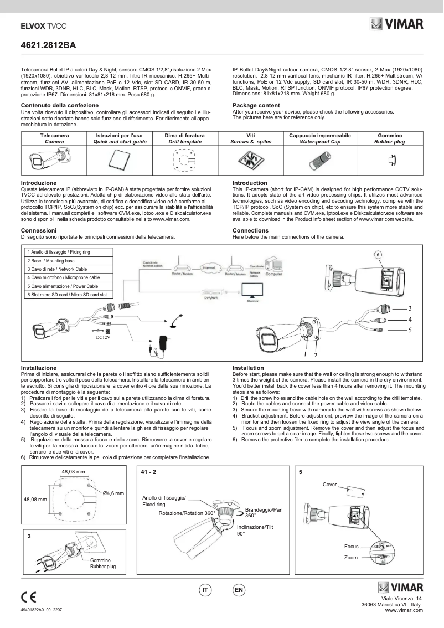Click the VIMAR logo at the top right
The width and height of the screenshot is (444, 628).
click(x=396, y=24)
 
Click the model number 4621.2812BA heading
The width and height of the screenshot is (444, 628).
click(x=47, y=44)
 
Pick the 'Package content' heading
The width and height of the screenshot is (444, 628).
click(x=256, y=105)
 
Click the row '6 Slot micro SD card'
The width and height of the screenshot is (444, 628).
click(x=67, y=295)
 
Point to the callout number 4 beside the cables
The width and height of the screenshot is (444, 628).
click(x=410, y=320)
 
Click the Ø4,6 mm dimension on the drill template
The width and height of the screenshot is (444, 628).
click(x=113, y=492)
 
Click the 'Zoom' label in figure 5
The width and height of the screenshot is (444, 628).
click(x=350, y=557)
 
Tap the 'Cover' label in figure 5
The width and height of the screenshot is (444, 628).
click(x=330, y=485)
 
